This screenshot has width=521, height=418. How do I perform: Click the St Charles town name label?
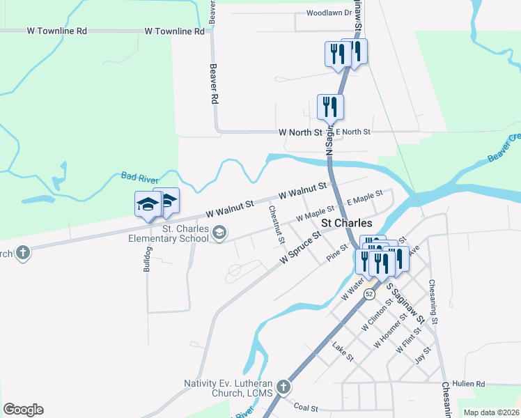pyautogui.click(x=346, y=223)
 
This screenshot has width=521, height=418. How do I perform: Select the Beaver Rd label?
pyautogui.click(x=214, y=85)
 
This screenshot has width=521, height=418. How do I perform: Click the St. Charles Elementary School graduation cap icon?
pyautogui.click(x=219, y=233)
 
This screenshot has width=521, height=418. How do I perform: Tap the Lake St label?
pyautogui.click(x=343, y=351)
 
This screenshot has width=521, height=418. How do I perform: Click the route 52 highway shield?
pyautogui.click(x=369, y=295)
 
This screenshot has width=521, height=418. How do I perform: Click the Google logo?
pyautogui.click(x=23, y=410)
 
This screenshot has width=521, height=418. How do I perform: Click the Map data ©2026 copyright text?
pyautogui.click(x=491, y=412)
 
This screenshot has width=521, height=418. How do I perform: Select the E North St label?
pyautogui.click(x=353, y=132)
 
